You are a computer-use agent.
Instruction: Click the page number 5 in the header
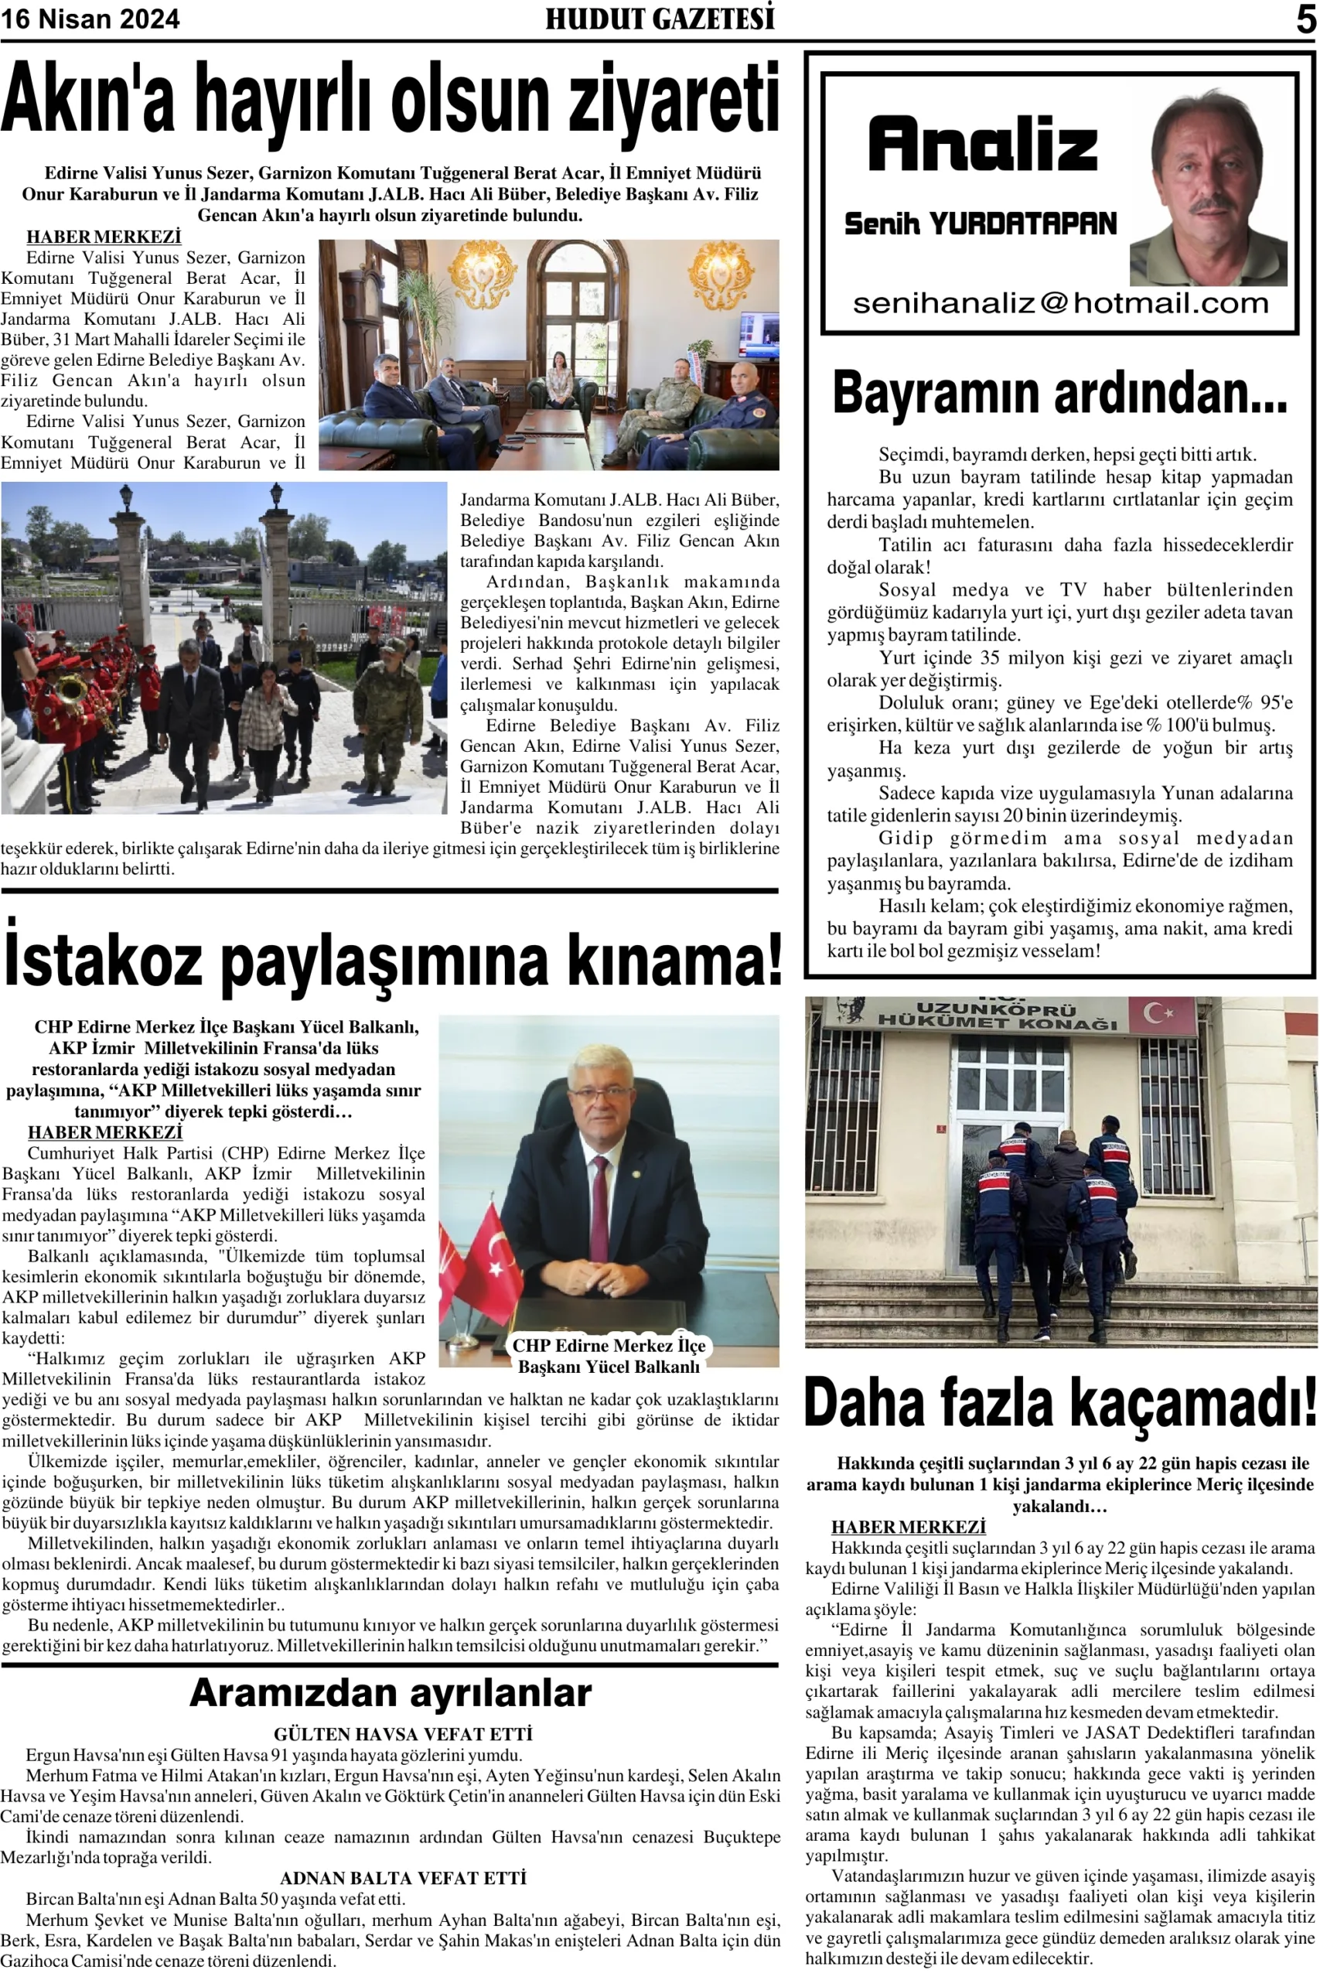click(x=1305, y=19)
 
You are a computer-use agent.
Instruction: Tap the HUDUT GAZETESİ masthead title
click(x=660, y=19)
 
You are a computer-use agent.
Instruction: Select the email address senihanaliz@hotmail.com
click(x=1060, y=304)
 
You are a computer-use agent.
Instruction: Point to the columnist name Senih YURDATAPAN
click(x=980, y=224)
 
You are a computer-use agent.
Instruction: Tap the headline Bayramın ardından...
click(x=1060, y=394)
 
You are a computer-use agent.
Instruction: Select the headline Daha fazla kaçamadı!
click(x=1060, y=1403)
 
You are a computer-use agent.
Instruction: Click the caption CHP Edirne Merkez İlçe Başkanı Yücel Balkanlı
click(x=609, y=1355)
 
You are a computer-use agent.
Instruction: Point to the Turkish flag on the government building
click(x=1161, y=1013)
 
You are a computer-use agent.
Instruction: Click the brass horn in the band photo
click(x=72, y=691)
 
